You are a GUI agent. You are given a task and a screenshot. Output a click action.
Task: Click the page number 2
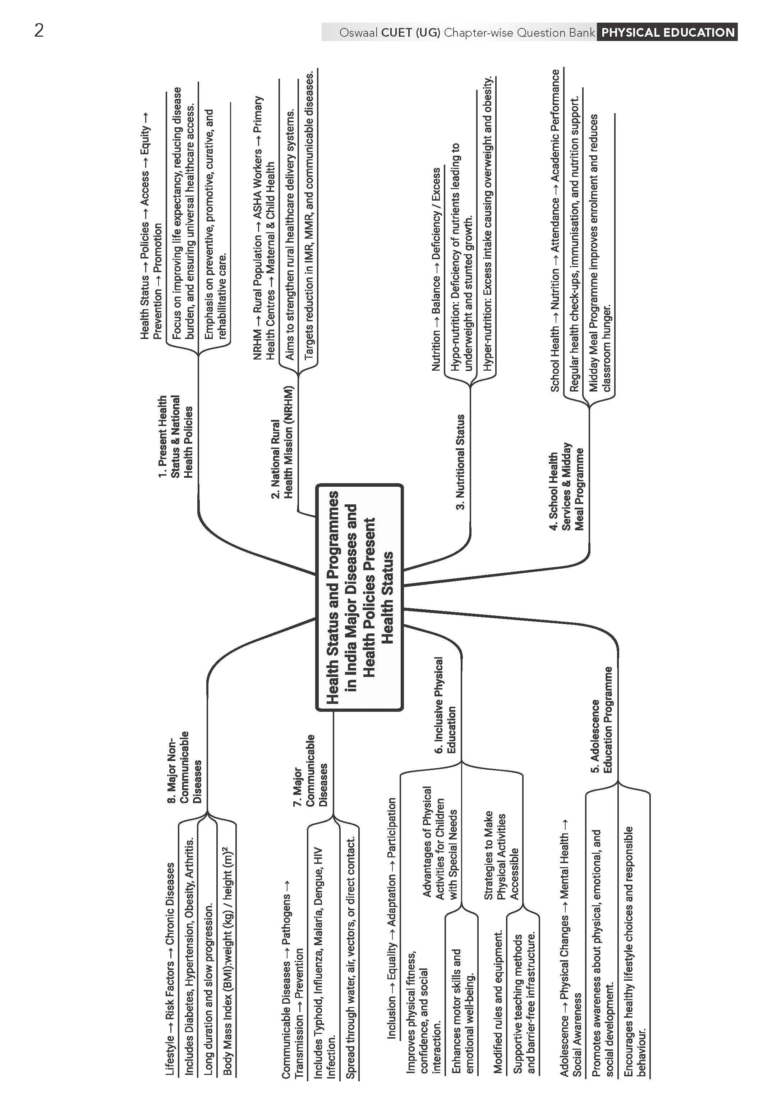click(x=39, y=31)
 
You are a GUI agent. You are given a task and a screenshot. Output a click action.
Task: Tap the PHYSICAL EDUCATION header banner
click(x=667, y=32)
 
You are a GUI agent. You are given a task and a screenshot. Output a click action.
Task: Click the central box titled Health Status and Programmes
click(x=359, y=597)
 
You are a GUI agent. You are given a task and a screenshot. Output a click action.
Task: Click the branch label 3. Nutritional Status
click(x=460, y=462)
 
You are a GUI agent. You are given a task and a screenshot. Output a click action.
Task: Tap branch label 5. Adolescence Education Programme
click(x=601, y=720)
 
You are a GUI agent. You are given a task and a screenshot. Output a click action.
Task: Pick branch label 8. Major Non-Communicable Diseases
click(x=184, y=767)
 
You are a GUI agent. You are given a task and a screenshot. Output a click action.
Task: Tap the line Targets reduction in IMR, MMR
click(x=309, y=216)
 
